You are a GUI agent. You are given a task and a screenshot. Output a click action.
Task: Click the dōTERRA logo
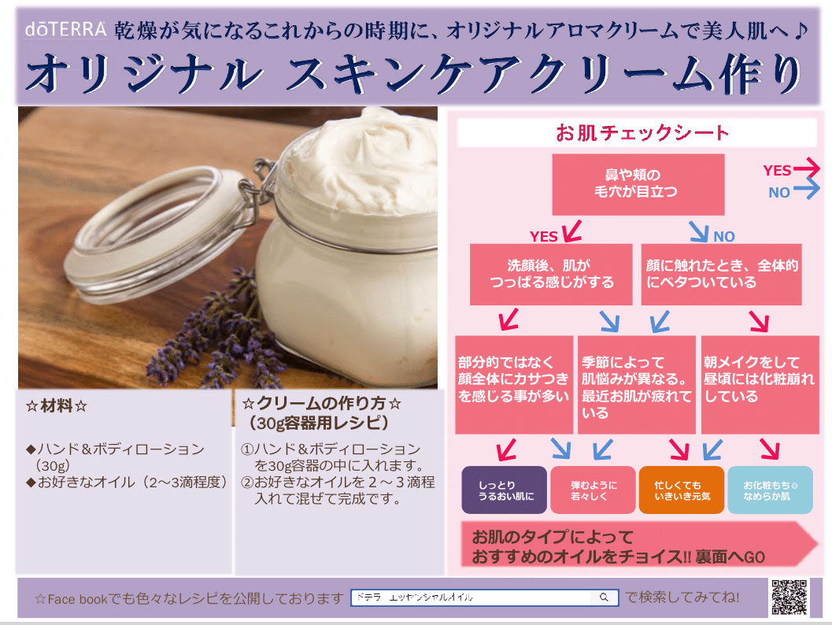tap(66, 30)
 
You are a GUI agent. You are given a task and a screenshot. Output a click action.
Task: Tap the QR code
tap(788, 597)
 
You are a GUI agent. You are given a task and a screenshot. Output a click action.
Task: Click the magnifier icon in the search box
tap(604, 598)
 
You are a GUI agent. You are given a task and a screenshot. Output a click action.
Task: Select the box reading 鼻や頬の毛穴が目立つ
tap(638, 184)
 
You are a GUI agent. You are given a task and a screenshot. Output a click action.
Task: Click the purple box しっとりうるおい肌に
tap(504, 490)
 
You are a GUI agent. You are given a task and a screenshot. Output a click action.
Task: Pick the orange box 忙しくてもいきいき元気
tap(682, 490)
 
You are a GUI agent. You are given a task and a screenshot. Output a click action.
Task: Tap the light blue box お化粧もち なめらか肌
tap(770, 490)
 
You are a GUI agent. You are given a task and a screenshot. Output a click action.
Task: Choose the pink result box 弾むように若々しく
tap(593, 490)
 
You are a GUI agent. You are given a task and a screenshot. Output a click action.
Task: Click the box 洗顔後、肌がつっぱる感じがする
tap(550, 274)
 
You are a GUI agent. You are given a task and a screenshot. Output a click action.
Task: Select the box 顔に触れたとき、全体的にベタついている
tap(722, 274)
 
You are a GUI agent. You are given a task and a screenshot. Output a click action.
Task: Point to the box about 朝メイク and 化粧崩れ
tap(760, 384)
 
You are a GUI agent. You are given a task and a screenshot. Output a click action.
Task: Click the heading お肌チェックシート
tap(642, 133)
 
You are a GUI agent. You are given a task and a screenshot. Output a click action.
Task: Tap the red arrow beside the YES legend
tap(807, 169)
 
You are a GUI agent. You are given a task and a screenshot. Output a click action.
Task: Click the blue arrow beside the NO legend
tap(807, 190)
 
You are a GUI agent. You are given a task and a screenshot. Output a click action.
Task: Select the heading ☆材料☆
tap(56, 406)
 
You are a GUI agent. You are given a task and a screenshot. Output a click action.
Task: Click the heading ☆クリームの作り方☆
tap(323, 404)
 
